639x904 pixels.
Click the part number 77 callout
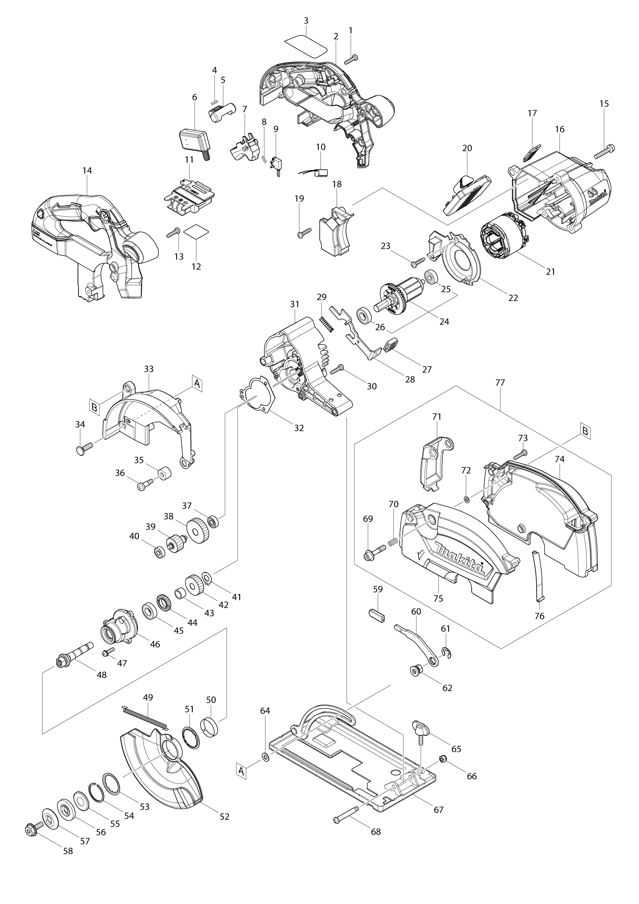point(500,382)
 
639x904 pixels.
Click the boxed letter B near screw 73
point(585,431)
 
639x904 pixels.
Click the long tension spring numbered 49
point(145,718)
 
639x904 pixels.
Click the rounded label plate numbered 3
point(306,46)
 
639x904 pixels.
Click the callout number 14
point(87,170)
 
